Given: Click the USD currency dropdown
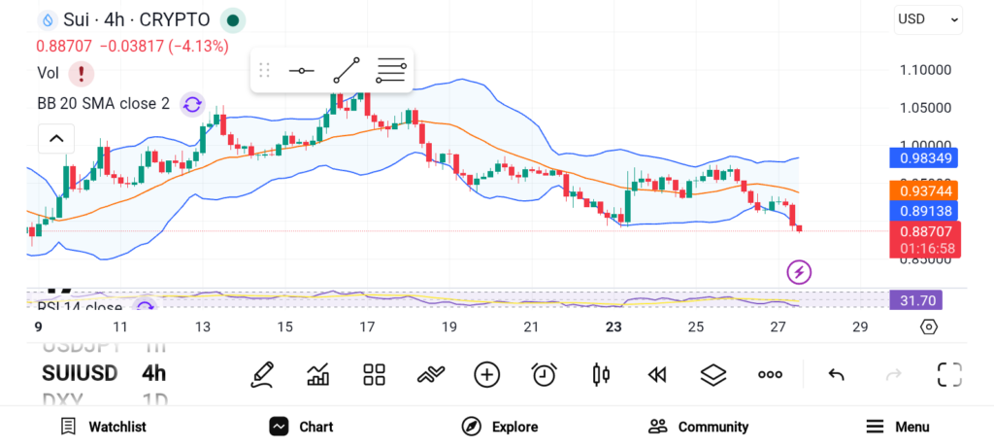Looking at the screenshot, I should pyautogui.click(x=928, y=18).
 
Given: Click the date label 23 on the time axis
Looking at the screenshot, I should pyautogui.click(x=613, y=327).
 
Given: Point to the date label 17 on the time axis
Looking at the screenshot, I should pyautogui.click(x=366, y=327).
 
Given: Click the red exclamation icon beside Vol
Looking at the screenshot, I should pyautogui.click(x=81, y=73).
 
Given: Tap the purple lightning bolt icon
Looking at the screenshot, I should pyautogui.click(x=799, y=272).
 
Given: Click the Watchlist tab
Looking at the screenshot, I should pyautogui.click(x=103, y=427).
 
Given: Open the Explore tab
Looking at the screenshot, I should pyautogui.click(x=499, y=427).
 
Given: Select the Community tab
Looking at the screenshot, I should pyautogui.click(x=698, y=427).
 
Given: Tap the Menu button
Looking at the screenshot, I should pyautogui.click(x=897, y=427).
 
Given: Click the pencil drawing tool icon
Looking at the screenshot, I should pyautogui.click(x=261, y=374).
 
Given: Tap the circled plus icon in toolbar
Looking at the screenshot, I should pyautogui.click(x=486, y=374).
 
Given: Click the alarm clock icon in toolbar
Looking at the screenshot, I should pyautogui.click(x=544, y=374).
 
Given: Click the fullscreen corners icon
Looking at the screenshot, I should pyautogui.click(x=949, y=374).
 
